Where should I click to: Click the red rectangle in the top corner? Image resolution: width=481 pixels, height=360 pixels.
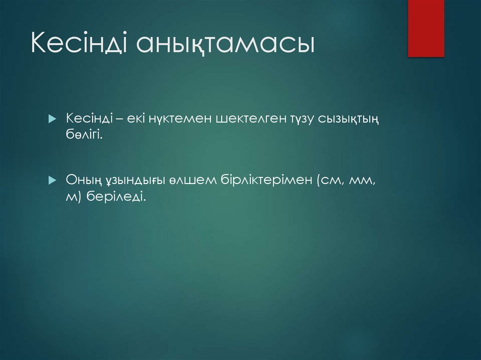point(426,28)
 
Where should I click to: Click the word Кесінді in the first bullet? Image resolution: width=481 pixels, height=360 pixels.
point(88,119)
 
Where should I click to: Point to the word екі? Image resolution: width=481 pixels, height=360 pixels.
point(135,119)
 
